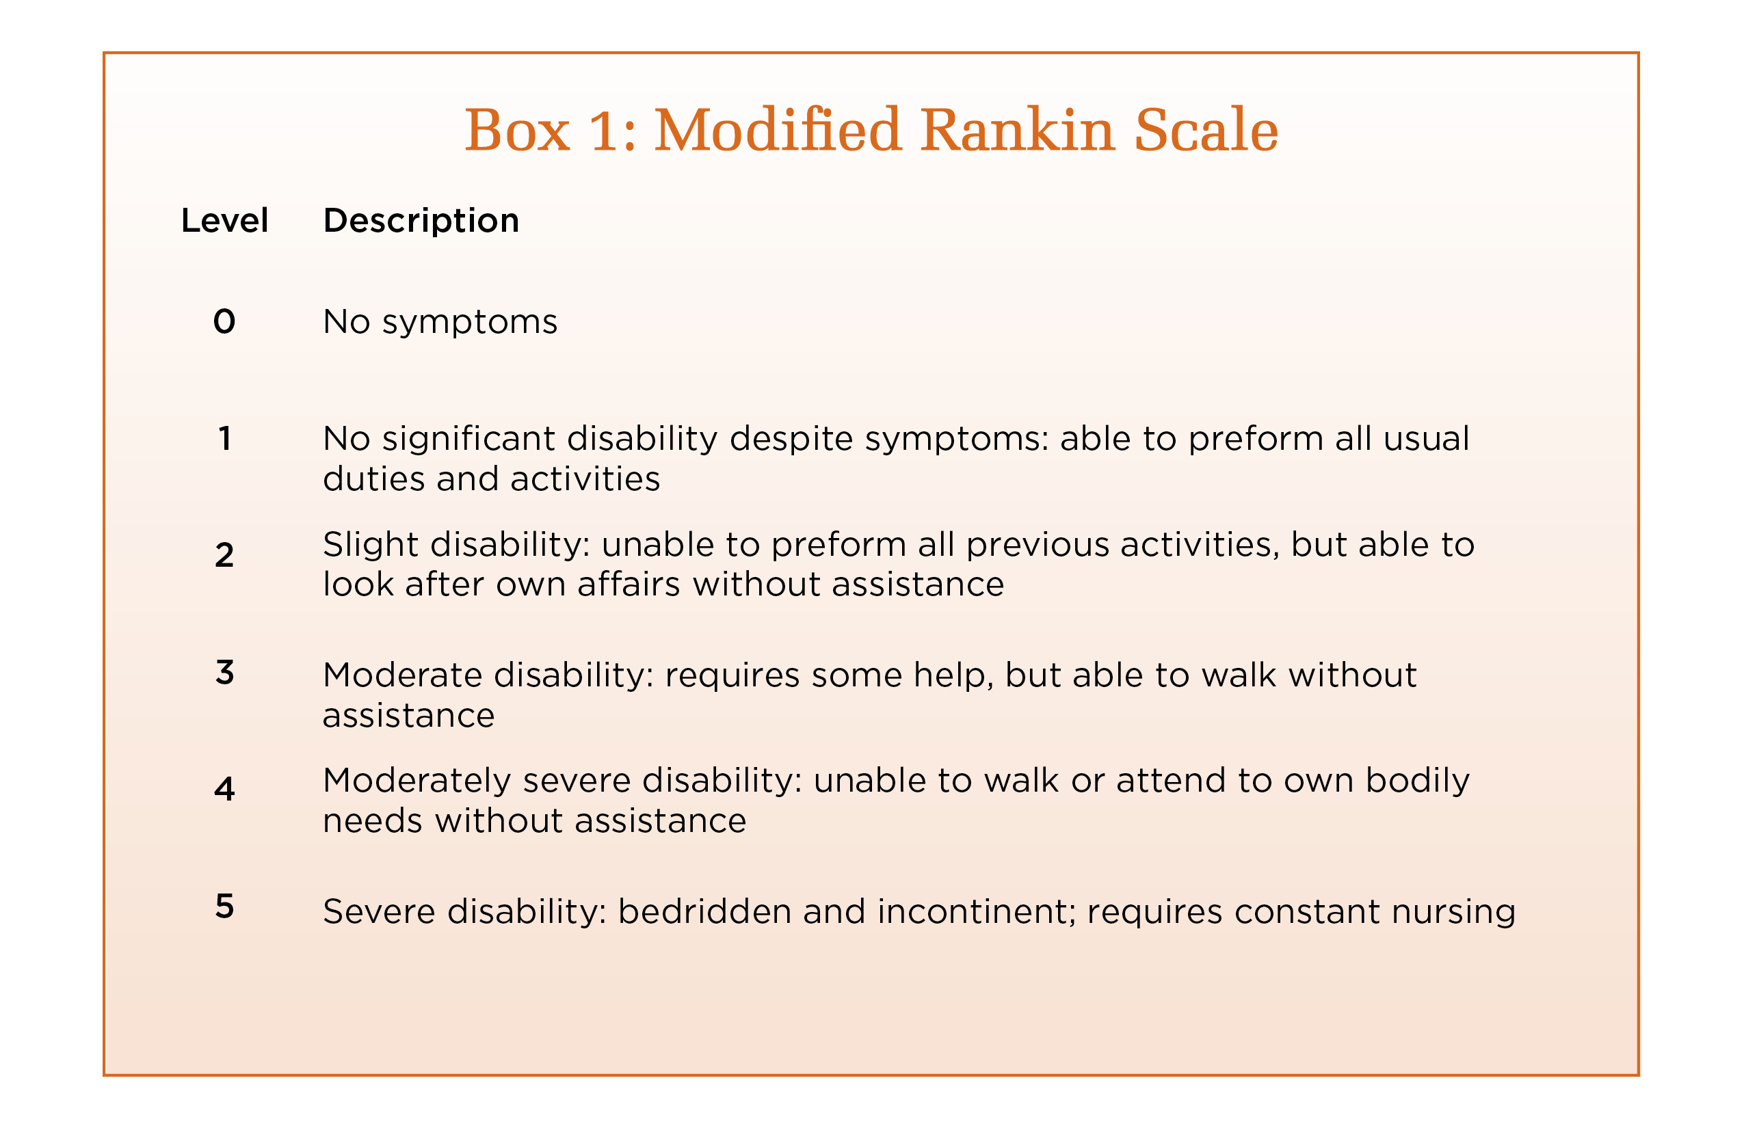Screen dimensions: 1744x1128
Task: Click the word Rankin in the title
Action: click(1018, 130)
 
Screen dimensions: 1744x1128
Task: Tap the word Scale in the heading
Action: click(1207, 130)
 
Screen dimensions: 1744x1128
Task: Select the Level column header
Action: click(225, 220)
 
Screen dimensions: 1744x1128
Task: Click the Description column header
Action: click(421, 220)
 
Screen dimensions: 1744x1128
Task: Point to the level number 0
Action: click(224, 321)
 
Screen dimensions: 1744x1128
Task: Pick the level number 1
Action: click(225, 439)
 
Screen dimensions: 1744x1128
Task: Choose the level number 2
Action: click(224, 555)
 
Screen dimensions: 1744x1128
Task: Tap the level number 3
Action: click(224, 673)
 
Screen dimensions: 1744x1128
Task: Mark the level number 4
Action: click(224, 789)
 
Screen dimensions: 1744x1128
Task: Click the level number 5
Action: click(224, 906)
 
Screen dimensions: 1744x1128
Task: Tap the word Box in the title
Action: click(517, 130)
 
